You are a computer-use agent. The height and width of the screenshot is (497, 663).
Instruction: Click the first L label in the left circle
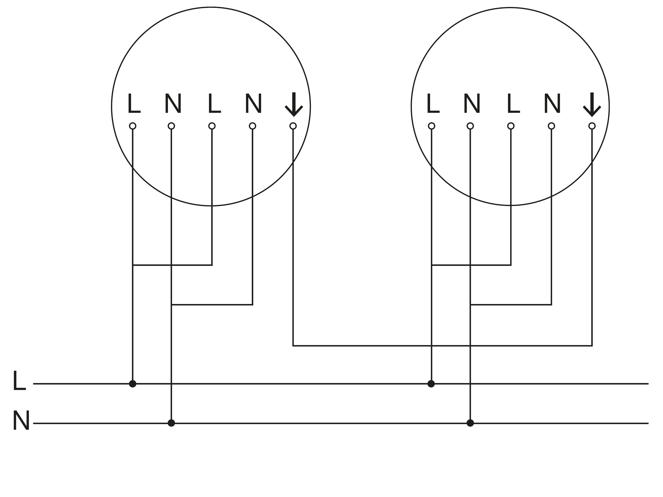134,104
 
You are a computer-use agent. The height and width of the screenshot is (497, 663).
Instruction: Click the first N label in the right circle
472,104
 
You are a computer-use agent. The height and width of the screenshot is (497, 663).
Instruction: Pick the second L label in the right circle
513,104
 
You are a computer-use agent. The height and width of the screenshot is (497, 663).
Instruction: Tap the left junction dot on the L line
133,384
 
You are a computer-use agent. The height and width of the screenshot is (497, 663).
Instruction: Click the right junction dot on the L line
431,384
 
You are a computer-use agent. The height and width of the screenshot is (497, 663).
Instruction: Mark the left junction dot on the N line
171,423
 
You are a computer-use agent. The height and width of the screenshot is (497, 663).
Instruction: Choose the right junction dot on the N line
470,423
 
